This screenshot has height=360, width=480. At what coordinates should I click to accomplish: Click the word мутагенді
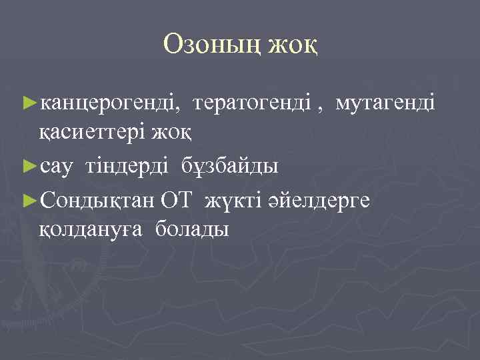385,103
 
